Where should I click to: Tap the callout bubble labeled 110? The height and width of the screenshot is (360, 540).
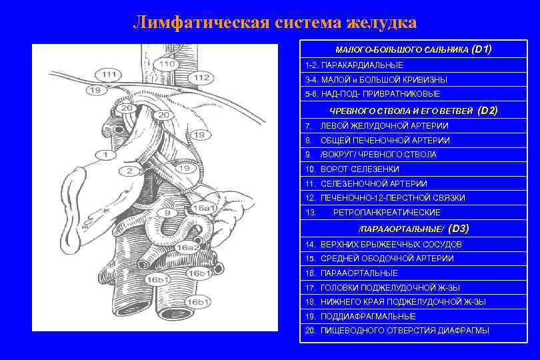pyautogui.click(x=167, y=64)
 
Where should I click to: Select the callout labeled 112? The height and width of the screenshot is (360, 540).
pyautogui.click(x=202, y=78)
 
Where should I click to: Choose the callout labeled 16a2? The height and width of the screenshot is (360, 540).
pyautogui.click(x=187, y=247)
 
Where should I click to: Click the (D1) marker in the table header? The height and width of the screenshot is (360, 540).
pyautogui.click(x=481, y=50)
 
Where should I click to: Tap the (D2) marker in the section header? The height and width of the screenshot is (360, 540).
pyautogui.click(x=488, y=111)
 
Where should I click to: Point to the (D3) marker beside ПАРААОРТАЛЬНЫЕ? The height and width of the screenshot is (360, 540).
pyautogui.click(x=459, y=229)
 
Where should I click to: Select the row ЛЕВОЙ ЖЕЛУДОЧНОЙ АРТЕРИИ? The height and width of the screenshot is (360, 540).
pyautogui.click(x=385, y=126)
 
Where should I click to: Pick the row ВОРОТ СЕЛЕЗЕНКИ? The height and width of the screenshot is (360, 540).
pyautogui.click(x=360, y=169)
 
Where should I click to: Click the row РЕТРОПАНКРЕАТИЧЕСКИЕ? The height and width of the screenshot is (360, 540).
pyautogui.click(x=387, y=213)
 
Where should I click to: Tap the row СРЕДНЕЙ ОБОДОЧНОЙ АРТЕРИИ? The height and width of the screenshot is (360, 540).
pyautogui.click(x=387, y=259)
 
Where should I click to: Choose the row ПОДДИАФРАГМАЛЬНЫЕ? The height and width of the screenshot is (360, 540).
pyautogui.click(x=368, y=317)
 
